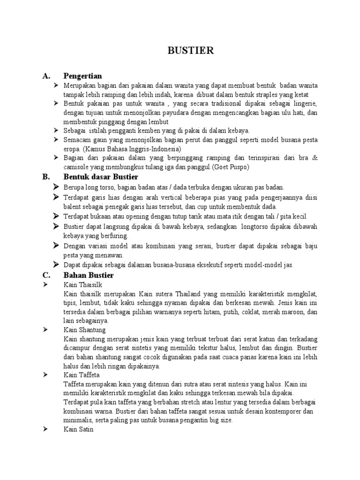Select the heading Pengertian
(x=82, y=75)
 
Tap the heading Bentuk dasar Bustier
(x=100, y=177)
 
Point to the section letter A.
(x=45, y=75)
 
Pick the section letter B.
(x=45, y=177)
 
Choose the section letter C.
(x=45, y=275)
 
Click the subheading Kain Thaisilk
(x=82, y=285)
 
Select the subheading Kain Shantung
(x=84, y=330)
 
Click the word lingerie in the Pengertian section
(x=304, y=103)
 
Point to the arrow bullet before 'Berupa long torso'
(x=56, y=187)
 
